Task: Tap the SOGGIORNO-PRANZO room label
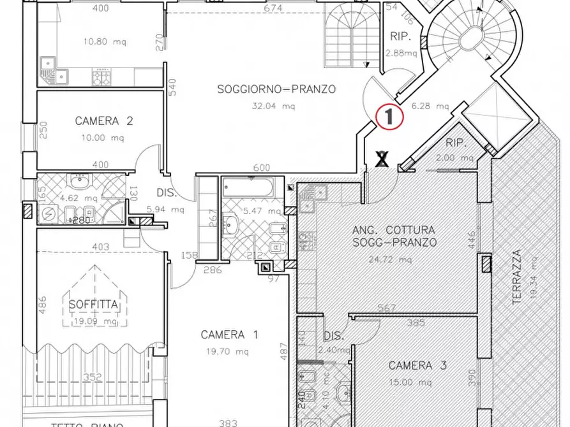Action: (276, 89)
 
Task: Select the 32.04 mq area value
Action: (275, 106)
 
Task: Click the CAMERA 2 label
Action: (103, 121)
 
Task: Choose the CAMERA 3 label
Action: (418, 366)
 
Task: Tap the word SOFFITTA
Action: (93, 305)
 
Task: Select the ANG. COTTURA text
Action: (394, 229)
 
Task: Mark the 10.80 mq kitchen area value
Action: (103, 43)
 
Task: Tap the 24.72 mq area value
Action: (394, 259)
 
